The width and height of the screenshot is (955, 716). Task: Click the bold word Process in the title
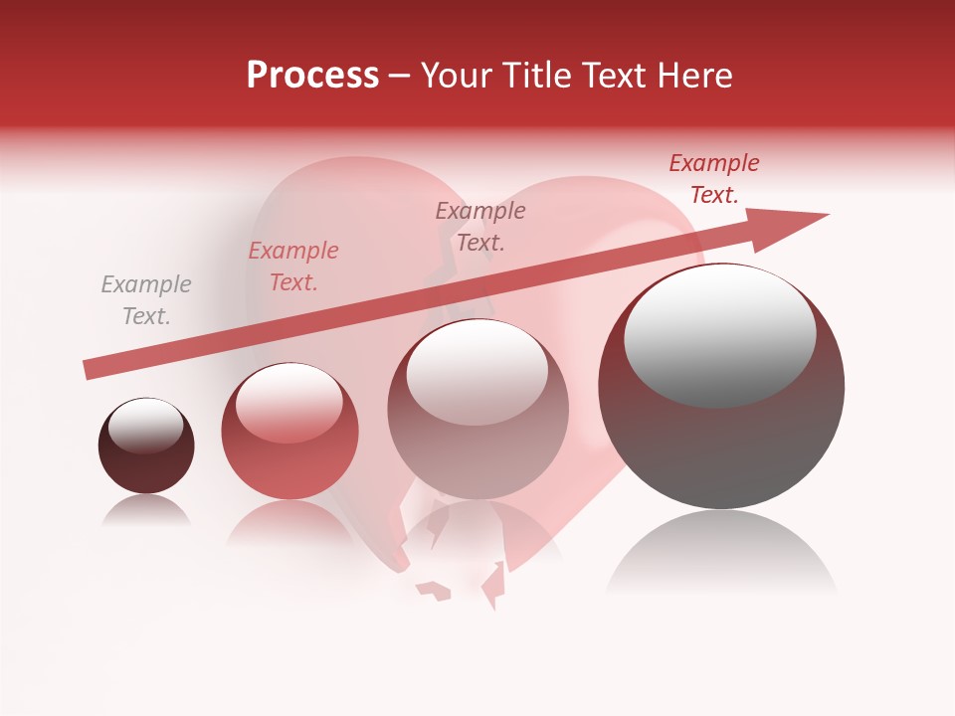coord(312,76)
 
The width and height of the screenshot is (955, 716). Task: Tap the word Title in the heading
coord(542,76)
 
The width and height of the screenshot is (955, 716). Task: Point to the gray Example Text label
coord(146,300)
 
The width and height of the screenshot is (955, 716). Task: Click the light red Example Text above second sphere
coord(293,267)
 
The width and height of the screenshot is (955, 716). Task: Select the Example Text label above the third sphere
coord(480,227)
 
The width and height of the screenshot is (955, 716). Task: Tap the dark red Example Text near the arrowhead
coord(713,179)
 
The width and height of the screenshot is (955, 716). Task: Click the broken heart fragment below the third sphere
coord(434,590)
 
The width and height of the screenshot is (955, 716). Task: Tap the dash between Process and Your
coord(400,77)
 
